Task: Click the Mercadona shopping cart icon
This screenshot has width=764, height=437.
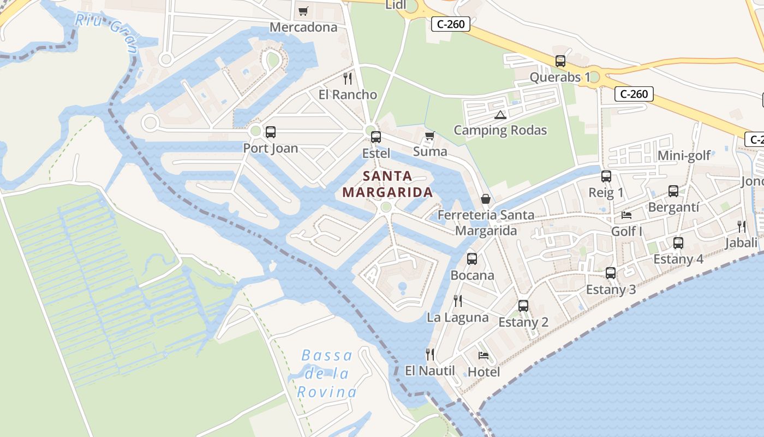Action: [x=303, y=11]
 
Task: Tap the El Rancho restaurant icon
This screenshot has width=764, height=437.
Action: [x=348, y=78]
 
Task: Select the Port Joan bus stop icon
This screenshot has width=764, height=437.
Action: [x=270, y=132]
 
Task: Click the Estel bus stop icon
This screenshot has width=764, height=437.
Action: [x=375, y=137]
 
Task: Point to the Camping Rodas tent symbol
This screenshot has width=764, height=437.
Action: [x=500, y=115]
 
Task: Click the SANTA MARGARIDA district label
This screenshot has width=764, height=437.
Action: [x=387, y=184]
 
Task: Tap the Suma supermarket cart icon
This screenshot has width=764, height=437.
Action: [x=429, y=135]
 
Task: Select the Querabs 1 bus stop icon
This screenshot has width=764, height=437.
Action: [x=560, y=61]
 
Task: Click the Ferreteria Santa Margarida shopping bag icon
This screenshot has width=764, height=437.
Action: [x=485, y=199]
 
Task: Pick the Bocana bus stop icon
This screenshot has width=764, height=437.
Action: [x=471, y=259]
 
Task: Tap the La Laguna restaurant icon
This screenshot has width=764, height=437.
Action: [x=458, y=300]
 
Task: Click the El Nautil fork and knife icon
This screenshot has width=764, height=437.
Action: [x=430, y=355]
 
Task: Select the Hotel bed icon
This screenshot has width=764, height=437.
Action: [x=484, y=356]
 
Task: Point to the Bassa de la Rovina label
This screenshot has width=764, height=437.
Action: [x=326, y=374]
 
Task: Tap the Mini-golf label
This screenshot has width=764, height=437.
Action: [x=684, y=156]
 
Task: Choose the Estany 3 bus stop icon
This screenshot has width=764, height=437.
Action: [x=610, y=273]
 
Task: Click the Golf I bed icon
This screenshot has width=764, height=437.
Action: [x=626, y=215]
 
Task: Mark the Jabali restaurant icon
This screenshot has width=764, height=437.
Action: [x=741, y=226]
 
